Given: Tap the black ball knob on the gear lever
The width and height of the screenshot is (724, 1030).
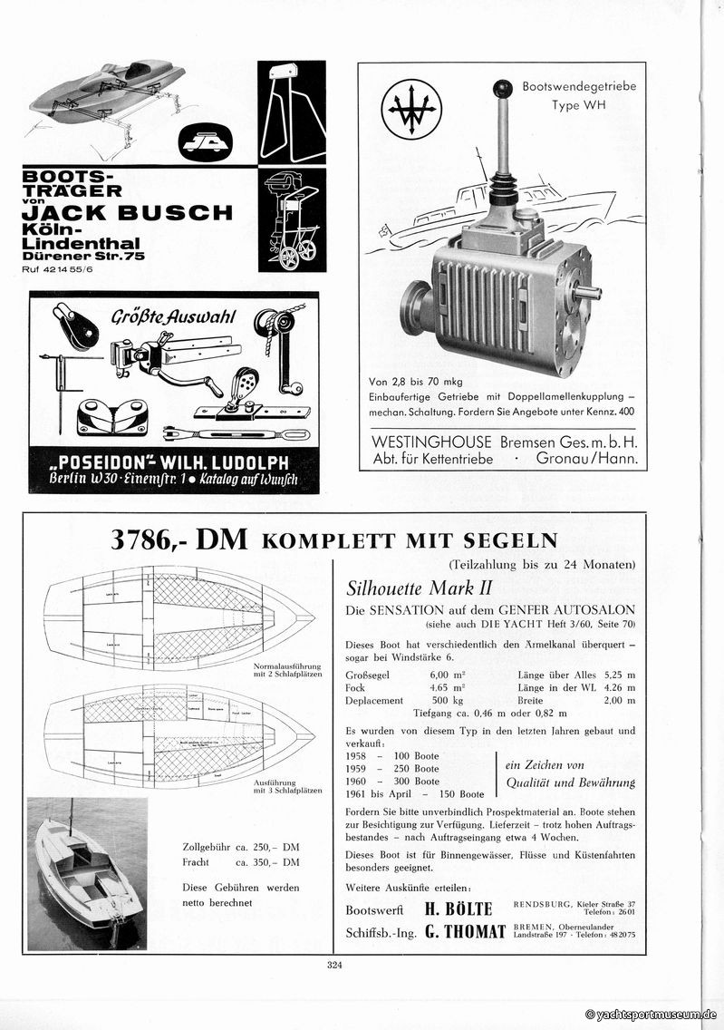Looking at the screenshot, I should [x=501, y=89].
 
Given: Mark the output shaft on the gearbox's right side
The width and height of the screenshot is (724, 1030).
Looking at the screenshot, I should [x=587, y=292].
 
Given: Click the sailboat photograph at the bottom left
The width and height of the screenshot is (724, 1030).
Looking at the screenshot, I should [x=87, y=872].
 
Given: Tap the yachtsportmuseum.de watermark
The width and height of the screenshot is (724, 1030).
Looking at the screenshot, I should [x=651, y=1015].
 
